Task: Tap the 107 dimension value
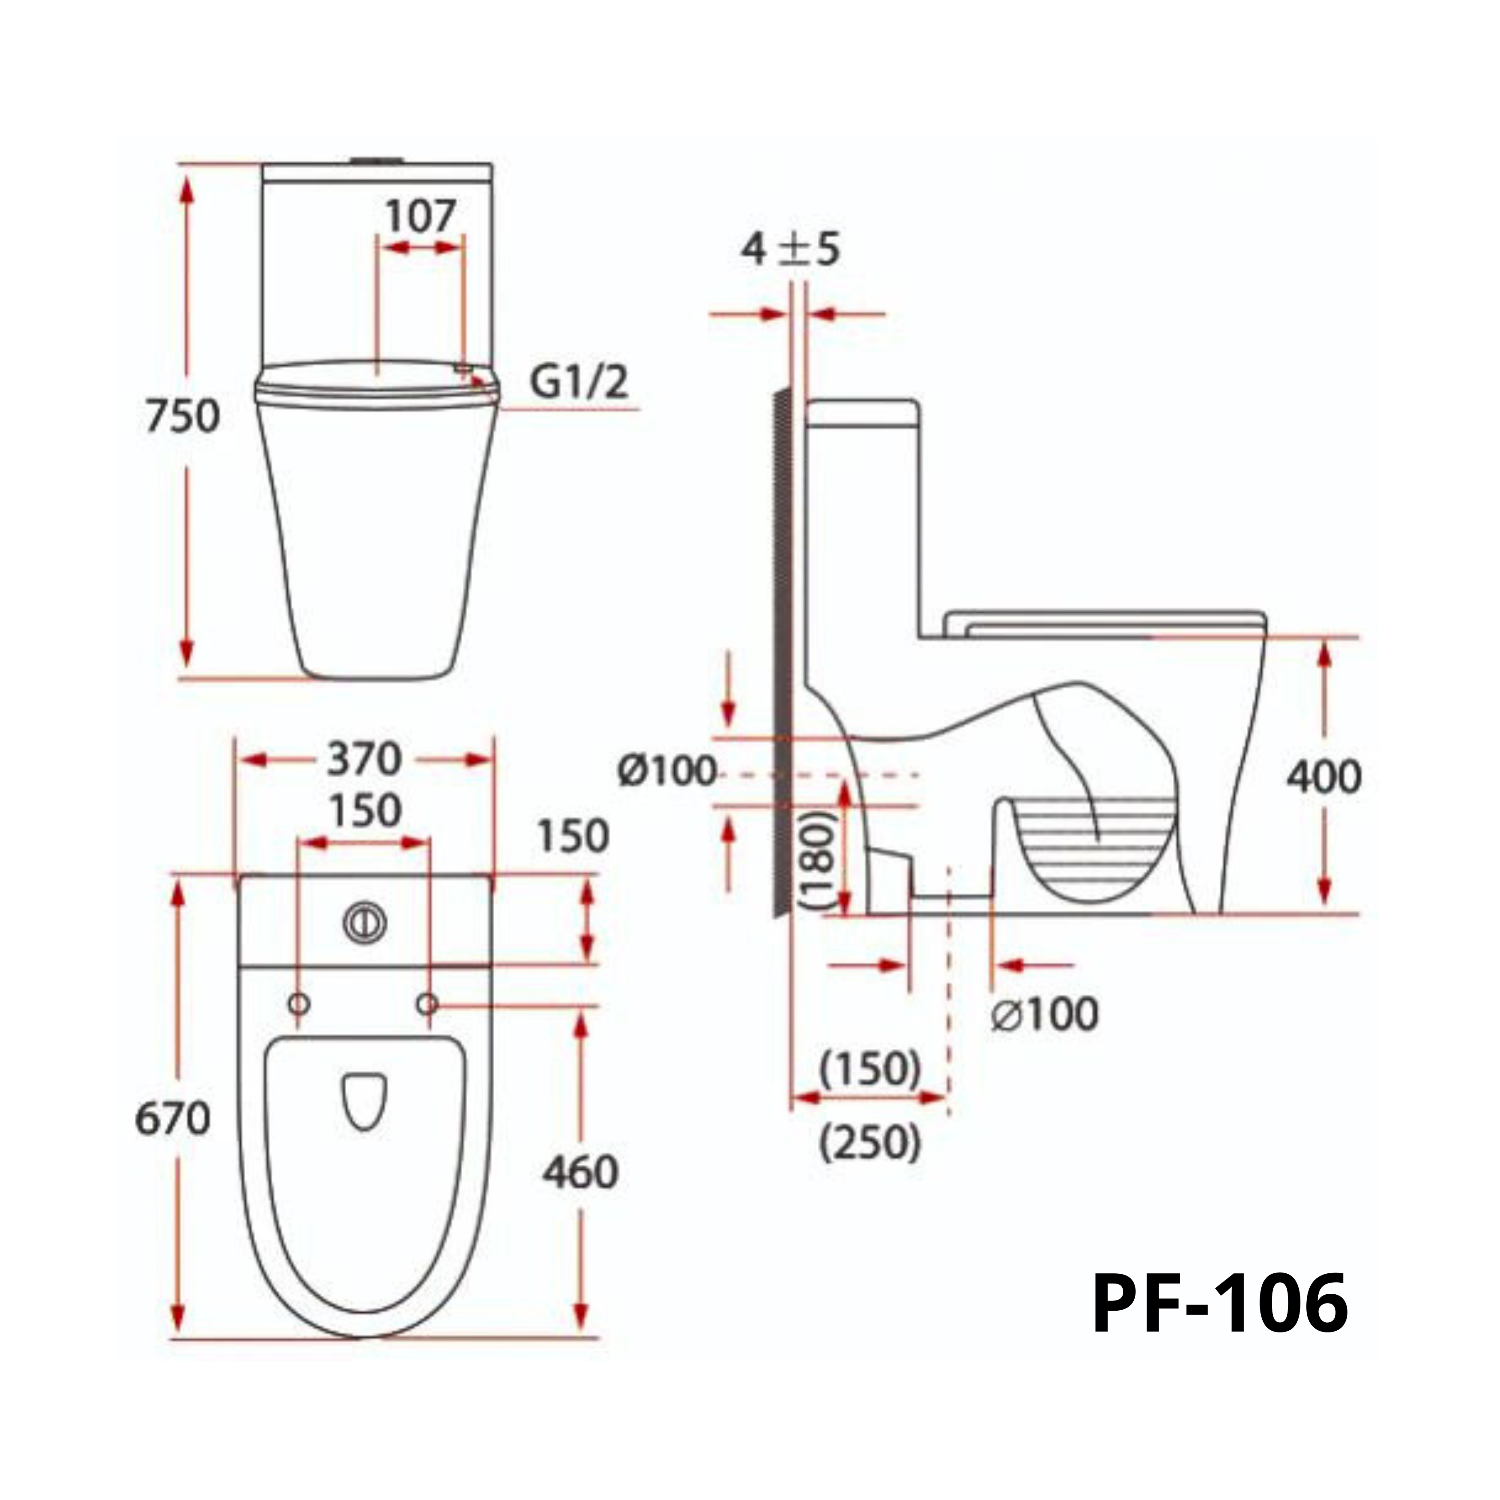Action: tap(420, 216)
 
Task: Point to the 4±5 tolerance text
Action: tap(790, 250)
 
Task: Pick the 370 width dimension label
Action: tap(364, 759)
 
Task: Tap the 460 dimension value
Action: tap(579, 1172)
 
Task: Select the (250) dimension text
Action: tap(870, 1144)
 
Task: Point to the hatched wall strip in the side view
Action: tap(782, 652)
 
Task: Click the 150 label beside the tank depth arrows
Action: tap(573, 836)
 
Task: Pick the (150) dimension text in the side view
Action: tap(870, 1070)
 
